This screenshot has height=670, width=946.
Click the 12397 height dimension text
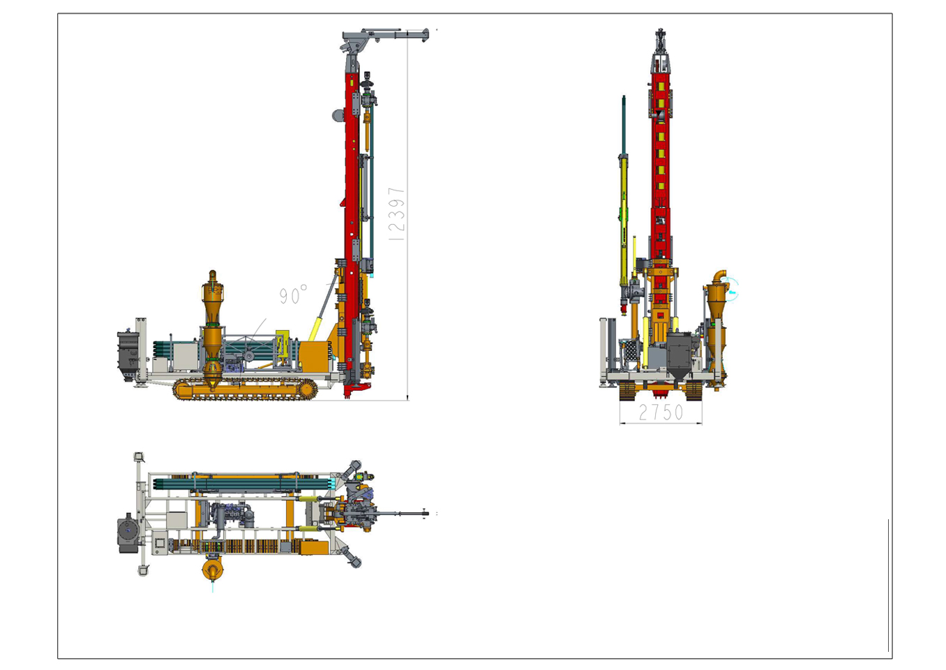point(396,214)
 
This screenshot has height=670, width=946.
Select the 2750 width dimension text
point(661,412)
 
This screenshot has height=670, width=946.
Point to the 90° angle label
point(293,295)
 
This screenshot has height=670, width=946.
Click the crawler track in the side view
point(245,389)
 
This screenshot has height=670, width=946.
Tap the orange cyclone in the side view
point(212,329)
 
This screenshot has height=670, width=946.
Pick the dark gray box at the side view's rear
point(128,355)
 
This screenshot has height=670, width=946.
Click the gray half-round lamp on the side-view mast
point(338,116)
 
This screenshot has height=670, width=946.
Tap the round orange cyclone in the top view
point(213,569)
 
